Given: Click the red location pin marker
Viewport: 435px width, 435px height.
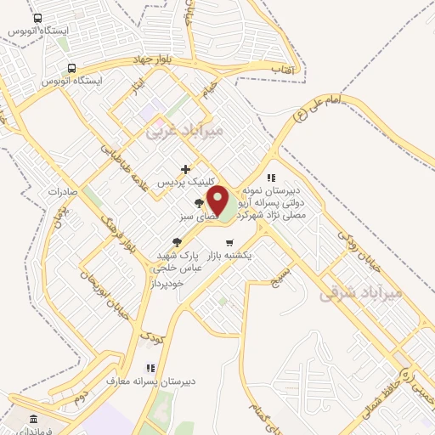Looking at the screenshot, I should coord(218,202).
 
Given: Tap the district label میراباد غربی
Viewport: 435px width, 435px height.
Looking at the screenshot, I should coord(184,131).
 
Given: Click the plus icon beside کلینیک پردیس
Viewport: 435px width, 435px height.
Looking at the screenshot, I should coord(185,170).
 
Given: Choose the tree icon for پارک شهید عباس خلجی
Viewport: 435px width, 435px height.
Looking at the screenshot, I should coord(178,243).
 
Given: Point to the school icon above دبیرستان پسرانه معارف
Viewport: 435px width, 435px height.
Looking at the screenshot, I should coord(150,368).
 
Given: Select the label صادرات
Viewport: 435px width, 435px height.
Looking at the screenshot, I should coord(62,191).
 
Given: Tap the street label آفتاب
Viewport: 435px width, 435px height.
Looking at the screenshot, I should coord(282,65).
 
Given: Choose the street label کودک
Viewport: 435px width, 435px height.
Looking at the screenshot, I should coord(154,336).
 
